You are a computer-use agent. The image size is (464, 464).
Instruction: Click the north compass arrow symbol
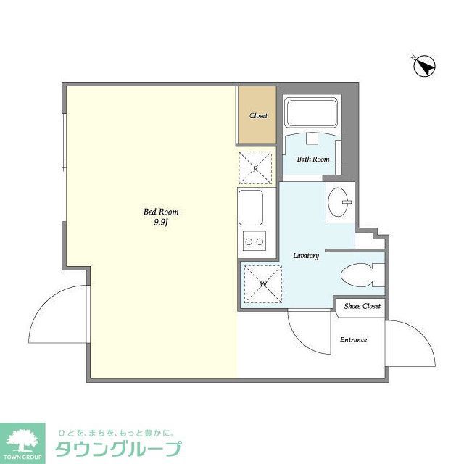(423, 66)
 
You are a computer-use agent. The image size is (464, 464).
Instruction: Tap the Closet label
(258, 116)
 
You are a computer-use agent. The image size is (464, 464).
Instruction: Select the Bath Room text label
(313, 159)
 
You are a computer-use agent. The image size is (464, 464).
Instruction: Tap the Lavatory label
(306, 256)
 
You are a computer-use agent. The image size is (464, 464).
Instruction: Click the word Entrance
(354, 339)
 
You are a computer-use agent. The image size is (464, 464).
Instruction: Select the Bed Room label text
(161, 212)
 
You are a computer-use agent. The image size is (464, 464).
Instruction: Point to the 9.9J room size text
(161, 223)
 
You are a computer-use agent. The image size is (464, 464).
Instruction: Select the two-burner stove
(254, 241)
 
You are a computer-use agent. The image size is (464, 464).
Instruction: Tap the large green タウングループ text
(119, 448)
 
